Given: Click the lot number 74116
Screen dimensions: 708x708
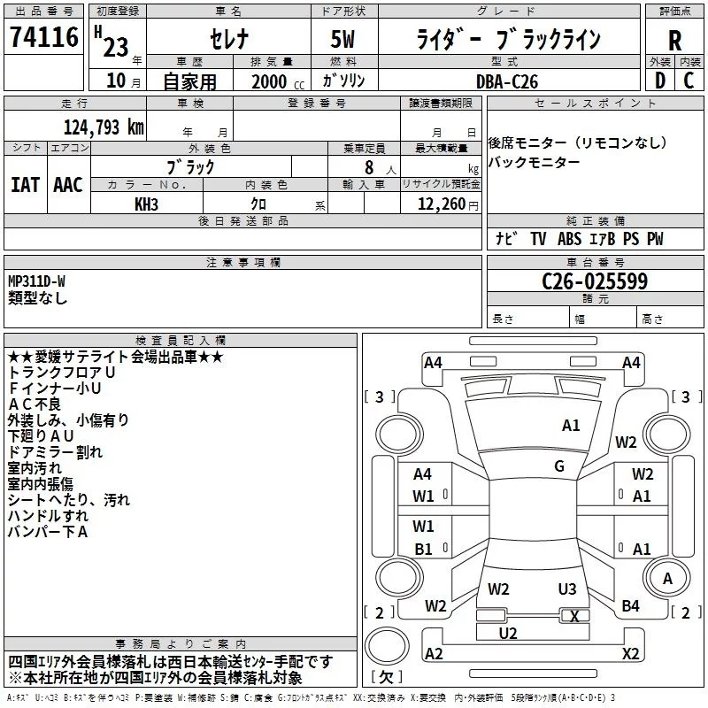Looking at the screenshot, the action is pyautogui.click(x=43, y=39).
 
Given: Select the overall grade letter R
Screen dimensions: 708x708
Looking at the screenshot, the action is pyautogui.click(x=674, y=41).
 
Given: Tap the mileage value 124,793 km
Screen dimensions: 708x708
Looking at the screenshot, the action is pyautogui.click(x=104, y=126).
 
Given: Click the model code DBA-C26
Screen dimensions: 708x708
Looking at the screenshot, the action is pyautogui.click(x=505, y=81).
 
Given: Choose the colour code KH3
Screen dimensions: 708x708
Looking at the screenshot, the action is pyautogui.click(x=146, y=204).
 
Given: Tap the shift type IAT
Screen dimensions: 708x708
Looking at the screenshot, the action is pyautogui.click(x=25, y=184).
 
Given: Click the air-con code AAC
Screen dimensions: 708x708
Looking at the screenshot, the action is pyautogui.click(x=68, y=184).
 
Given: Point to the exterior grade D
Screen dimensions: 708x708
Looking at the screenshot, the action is pyautogui.click(x=659, y=81).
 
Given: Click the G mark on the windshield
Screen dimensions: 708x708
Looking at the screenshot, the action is pyautogui.click(x=559, y=466).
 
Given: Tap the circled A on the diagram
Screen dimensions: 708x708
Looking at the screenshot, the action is pyautogui.click(x=668, y=578).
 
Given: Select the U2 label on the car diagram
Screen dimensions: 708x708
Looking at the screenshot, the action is pyautogui.click(x=508, y=633).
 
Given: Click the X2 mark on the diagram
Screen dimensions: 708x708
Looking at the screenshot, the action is pyautogui.click(x=630, y=654).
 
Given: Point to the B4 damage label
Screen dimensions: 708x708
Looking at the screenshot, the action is pyautogui.click(x=630, y=606).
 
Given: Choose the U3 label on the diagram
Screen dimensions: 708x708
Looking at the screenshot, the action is pyautogui.click(x=567, y=589).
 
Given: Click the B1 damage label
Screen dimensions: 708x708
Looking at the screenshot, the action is pyautogui.click(x=423, y=549).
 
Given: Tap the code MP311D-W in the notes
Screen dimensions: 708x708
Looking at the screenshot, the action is pyautogui.click(x=37, y=281).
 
